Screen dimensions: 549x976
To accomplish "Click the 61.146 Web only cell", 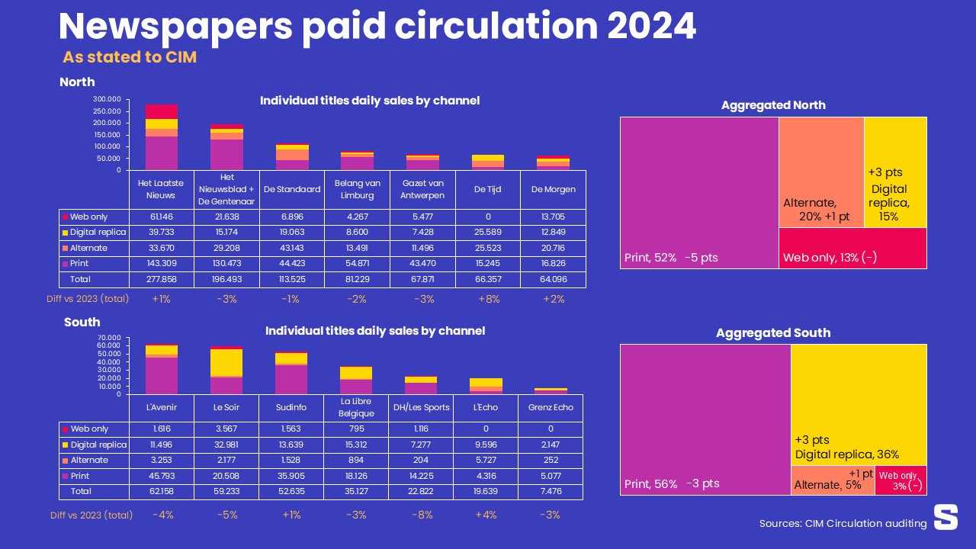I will [161, 217].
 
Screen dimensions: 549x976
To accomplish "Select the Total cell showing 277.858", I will [161, 280].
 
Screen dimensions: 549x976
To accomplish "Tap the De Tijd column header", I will [487, 189].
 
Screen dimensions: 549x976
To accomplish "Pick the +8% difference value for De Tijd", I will [488, 299].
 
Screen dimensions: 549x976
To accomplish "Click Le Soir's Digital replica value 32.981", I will [226, 445].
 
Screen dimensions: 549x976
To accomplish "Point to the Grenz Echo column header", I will [551, 407].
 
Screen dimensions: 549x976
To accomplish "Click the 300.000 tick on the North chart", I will [108, 99].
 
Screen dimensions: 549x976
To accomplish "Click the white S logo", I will [945, 517].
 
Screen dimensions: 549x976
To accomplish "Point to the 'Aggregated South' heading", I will [773, 333].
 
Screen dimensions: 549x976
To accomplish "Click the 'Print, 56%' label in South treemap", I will [650, 484].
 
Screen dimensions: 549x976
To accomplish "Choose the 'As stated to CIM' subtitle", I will [130, 57].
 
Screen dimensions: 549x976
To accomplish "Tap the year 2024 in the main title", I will [652, 26].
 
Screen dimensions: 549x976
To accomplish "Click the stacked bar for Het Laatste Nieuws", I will [162, 137].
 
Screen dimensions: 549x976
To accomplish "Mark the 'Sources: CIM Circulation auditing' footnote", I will [843, 524].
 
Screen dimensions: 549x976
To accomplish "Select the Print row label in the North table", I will [79, 264].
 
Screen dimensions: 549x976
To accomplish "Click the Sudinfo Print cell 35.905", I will [291, 476].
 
